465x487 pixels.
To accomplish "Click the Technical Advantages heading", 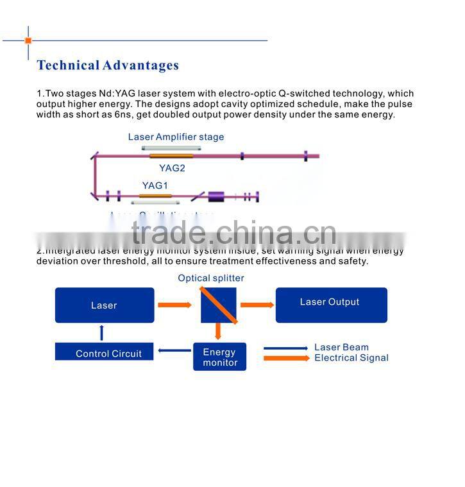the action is click(x=108, y=65).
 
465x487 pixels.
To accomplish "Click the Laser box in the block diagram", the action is click(x=105, y=305).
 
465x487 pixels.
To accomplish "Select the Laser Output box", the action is click(x=331, y=304).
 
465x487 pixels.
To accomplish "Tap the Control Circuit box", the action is click(x=105, y=352).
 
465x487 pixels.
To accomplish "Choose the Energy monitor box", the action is click(x=219, y=357).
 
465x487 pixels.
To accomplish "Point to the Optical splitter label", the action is click(x=211, y=278).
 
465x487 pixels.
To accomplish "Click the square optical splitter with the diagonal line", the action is click(x=218, y=305).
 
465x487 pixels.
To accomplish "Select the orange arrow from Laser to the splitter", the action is click(x=174, y=305).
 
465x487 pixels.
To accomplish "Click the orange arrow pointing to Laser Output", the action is click(x=257, y=305).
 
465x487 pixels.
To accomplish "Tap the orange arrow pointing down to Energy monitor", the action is click(x=218, y=331).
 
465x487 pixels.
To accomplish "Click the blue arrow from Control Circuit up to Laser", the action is click(x=101, y=332).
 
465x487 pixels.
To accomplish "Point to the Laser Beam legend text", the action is click(x=341, y=347).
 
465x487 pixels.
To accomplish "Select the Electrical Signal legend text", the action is click(x=351, y=358).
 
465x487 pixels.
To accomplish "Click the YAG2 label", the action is click(x=172, y=168).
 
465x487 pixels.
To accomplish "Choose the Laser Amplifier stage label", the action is click(x=176, y=137).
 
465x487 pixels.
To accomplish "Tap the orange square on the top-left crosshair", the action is click(x=28, y=40).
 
